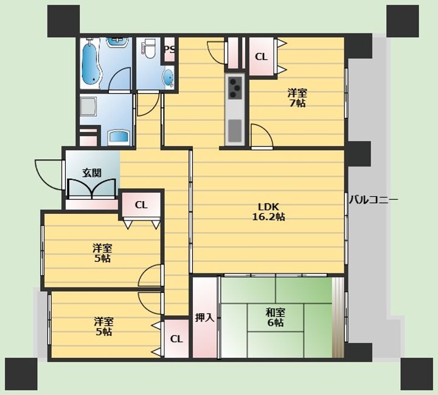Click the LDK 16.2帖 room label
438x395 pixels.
[x=268, y=211]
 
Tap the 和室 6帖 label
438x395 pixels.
[x=275, y=317]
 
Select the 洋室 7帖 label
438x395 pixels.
[x=297, y=98]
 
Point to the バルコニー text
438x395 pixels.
[x=374, y=200]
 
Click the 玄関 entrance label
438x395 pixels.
[x=92, y=173]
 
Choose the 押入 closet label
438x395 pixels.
[x=204, y=317]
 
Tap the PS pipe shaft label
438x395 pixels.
[x=170, y=49]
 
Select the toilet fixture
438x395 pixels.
[x=148, y=48]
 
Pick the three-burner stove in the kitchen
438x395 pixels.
[x=235, y=88]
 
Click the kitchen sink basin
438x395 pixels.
[x=235, y=131]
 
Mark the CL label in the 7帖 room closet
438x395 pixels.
[x=261, y=57]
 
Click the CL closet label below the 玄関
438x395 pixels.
[x=141, y=205]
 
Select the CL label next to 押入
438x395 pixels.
[x=176, y=339]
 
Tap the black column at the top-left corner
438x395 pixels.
[x=63, y=21]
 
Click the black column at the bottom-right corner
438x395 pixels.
[x=417, y=374]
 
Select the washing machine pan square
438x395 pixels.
[x=88, y=106]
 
